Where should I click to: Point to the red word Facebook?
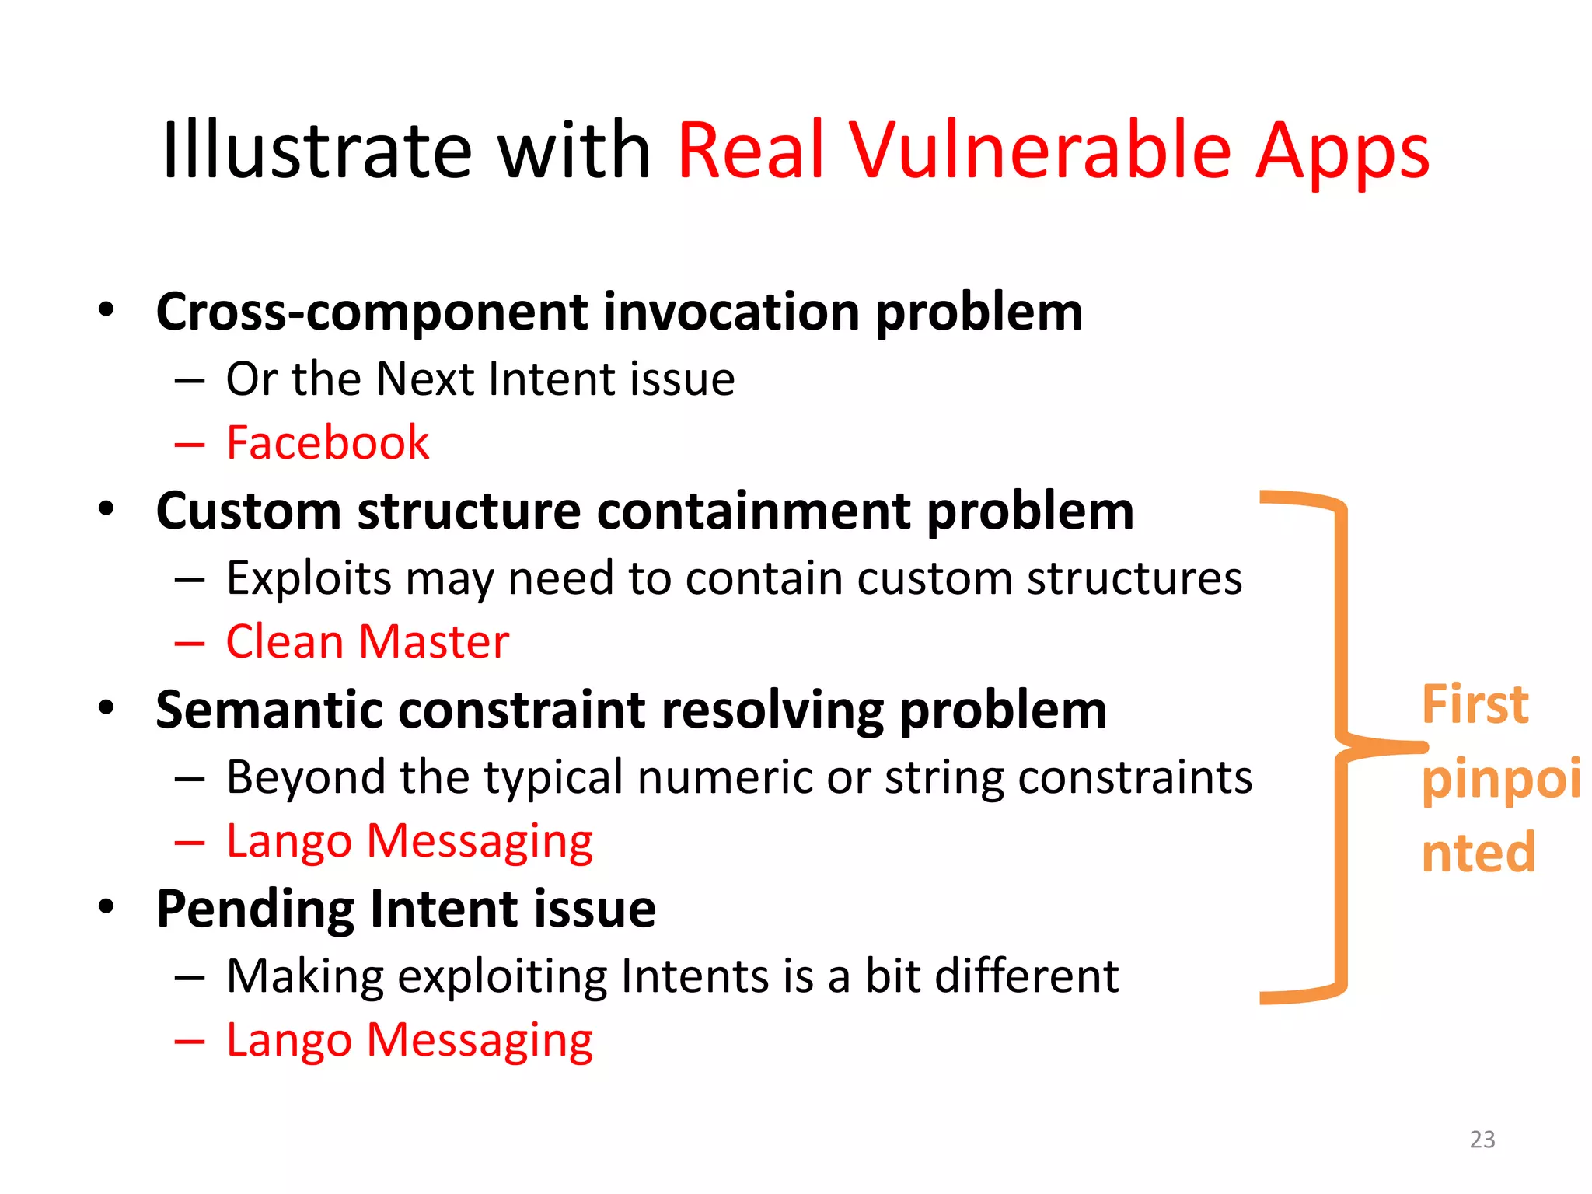pyautogui.click(x=327, y=443)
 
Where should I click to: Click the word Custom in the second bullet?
pyautogui.click(x=249, y=511)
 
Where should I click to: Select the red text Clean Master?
pyautogui.click(x=367, y=642)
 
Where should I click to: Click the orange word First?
pyautogui.click(x=1475, y=704)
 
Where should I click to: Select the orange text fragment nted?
pyautogui.click(x=1478, y=854)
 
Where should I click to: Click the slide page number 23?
pyautogui.click(x=1482, y=1140)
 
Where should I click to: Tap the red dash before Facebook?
pyautogui.click(x=189, y=445)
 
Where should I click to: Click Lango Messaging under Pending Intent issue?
pyautogui.click(x=409, y=1040)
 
